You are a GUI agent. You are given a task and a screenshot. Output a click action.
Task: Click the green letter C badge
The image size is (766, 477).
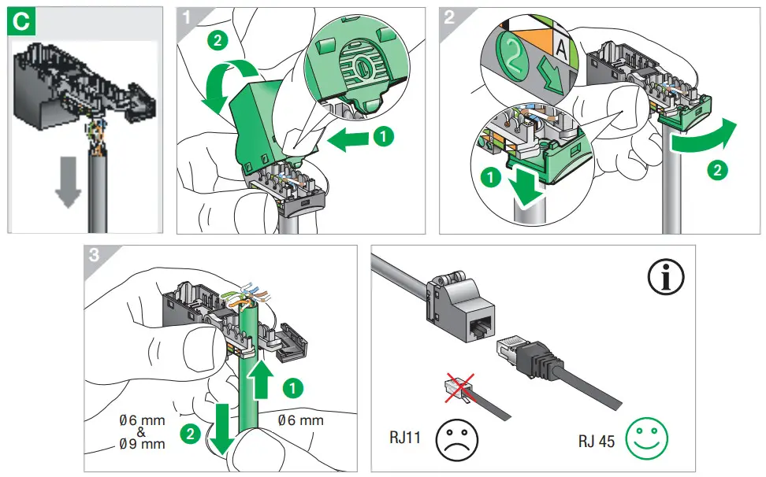click(21, 21)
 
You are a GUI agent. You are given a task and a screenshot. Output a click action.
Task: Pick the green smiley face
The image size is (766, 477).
click(646, 438)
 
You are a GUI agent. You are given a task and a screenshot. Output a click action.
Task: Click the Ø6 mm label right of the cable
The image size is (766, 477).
click(300, 421)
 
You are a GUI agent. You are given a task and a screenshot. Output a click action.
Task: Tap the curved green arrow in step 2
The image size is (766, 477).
click(704, 139)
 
